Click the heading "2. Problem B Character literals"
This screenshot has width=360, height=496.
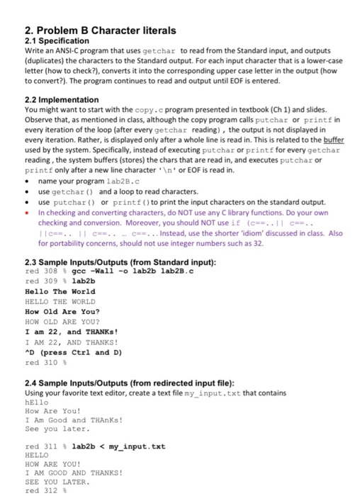[x=100, y=30]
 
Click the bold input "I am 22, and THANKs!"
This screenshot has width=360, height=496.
[x=65, y=332]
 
